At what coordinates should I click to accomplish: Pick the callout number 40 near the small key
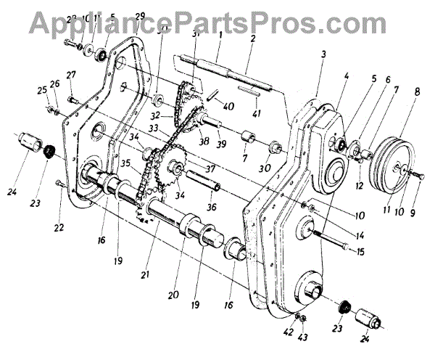(x=229, y=107)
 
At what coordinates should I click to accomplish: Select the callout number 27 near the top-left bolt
(x=71, y=75)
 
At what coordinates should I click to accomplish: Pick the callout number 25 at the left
(x=42, y=89)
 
